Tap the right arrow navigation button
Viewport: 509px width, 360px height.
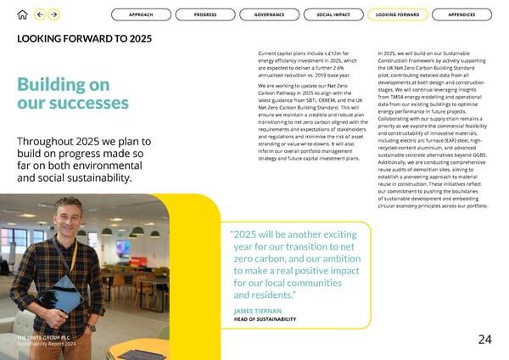54,14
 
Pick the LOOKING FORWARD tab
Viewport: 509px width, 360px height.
397,14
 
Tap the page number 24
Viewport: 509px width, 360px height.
484,340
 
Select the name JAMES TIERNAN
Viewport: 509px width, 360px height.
257,312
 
